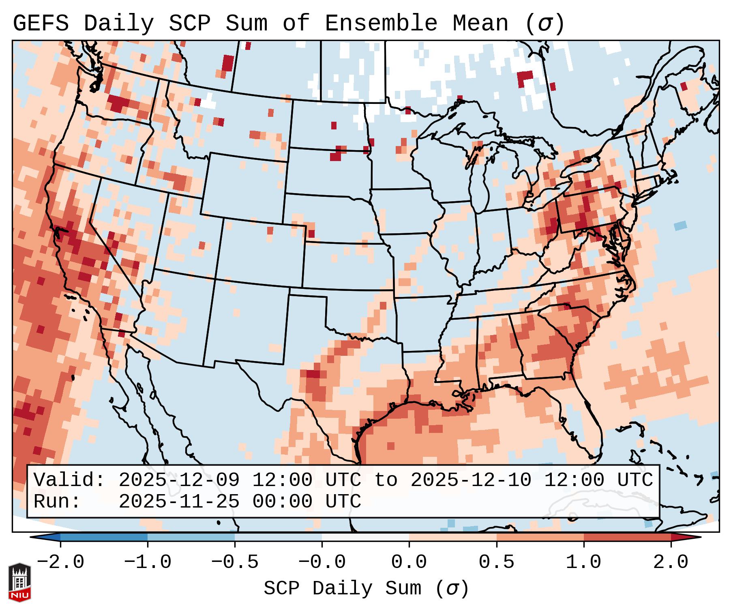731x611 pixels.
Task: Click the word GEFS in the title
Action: tap(41, 23)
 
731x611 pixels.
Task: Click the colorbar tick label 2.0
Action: tap(671, 562)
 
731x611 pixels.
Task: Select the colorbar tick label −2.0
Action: tap(60, 562)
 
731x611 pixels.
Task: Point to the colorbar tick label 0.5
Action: tap(496, 562)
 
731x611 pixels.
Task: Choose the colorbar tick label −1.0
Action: tap(147, 562)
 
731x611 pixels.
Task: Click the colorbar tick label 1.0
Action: tap(583, 562)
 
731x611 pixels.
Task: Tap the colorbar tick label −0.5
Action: tap(234, 562)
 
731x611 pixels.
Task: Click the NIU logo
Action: tap(19, 582)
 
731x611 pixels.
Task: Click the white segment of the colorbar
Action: tap(365, 537)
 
